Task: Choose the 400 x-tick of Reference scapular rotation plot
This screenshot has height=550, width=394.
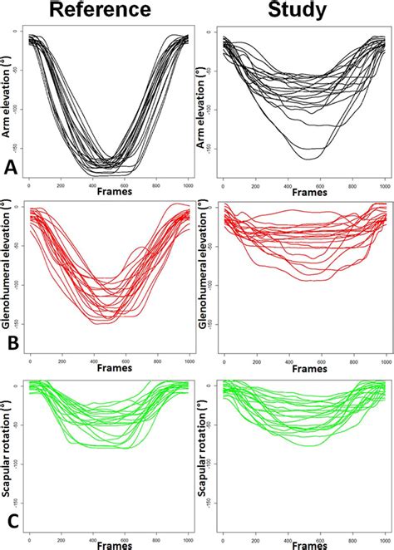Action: pyautogui.click(x=93, y=532)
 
